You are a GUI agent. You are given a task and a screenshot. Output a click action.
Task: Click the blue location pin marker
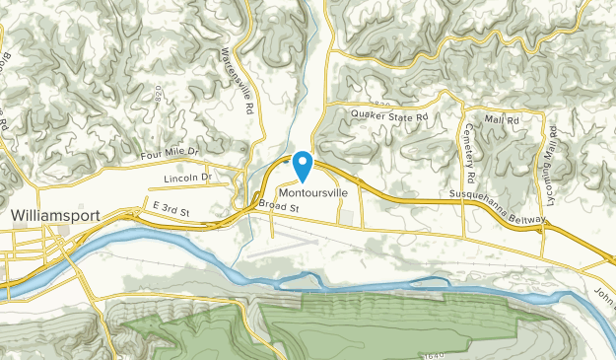pyautogui.click(x=303, y=165)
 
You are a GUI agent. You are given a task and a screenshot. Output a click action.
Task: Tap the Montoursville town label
pyautogui.click(x=312, y=192)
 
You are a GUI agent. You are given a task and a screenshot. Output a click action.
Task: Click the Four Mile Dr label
pyautogui.click(x=169, y=154)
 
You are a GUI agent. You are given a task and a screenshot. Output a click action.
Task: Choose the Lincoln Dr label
pyautogui.click(x=186, y=178)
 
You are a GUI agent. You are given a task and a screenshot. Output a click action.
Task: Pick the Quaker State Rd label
pyautogui.click(x=389, y=116)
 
